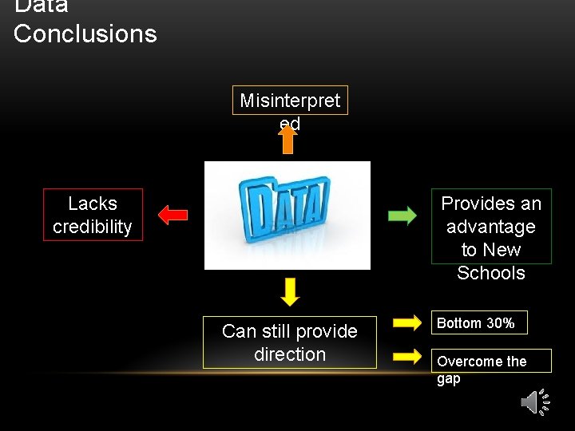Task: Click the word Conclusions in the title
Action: [x=85, y=34]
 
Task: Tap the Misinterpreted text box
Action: [x=290, y=101]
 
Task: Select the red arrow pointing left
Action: [x=172, y=215]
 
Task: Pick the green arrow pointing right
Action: [x=402, y=215]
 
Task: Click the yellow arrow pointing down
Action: [x=291, y=292]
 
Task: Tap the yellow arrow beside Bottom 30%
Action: [x=408, y=322]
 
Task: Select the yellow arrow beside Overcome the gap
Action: [x=408, y=356]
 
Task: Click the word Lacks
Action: [x=93, y=204]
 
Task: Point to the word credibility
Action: [x=93, y=227]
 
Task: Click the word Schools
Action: [x=491, y=273]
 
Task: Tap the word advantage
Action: [x=491, y=227]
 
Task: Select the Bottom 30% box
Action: [x=480, y=322]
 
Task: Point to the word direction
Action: [x=290, y=354]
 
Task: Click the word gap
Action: [x=449, y=379]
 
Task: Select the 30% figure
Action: [x=500, y=323]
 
